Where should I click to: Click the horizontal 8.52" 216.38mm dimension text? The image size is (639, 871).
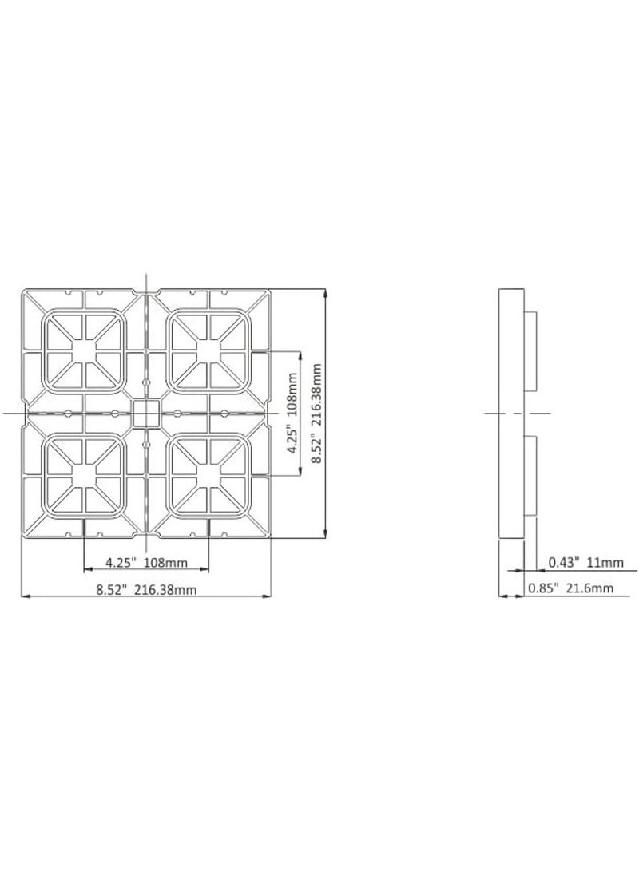[146, 590]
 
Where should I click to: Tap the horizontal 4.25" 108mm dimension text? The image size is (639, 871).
[146, 563]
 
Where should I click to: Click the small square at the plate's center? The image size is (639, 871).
[146, 414]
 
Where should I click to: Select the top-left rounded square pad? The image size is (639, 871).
[84, 350]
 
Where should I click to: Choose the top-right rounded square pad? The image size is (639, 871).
[209, 350]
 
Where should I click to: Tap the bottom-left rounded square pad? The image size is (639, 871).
[84, 476]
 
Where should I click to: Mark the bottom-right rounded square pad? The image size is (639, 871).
[209, 476]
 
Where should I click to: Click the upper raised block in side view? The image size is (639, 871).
[531, 350]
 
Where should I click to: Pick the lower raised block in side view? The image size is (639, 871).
[531, 476]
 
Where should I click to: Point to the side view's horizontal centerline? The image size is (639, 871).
[519, 413]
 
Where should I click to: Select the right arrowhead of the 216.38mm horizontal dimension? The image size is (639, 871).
[268, 596]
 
